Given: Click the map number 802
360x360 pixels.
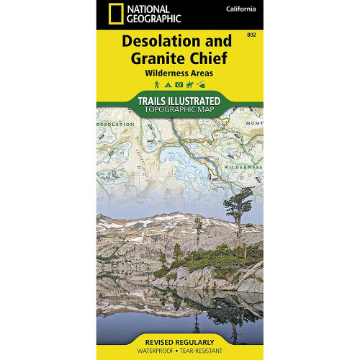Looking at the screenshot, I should click(250, 35).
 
